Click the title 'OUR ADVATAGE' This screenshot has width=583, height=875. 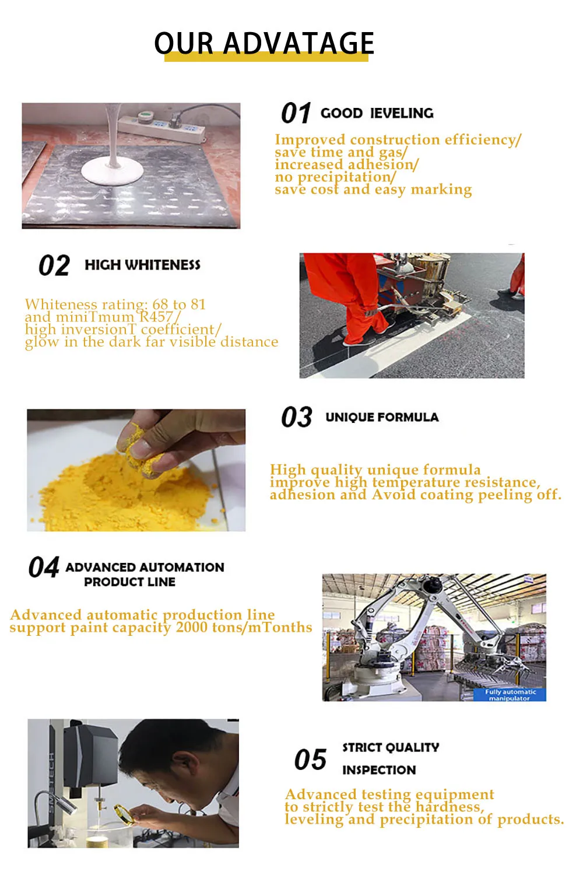(x=264, y=43)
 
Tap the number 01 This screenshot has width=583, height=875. (x=296, y=113)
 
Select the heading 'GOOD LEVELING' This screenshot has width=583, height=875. (x=377, y=113)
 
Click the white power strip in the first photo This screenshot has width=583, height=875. (x=161, y=127)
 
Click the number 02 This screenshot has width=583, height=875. (x=54, y=266)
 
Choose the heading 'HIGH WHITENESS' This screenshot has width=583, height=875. (x=142, y=265)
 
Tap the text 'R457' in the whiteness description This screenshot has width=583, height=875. (x=157, y=317)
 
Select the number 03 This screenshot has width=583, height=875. (x=296, y=417)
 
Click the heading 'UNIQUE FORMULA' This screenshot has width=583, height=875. (x=382, y=417)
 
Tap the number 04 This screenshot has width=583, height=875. (x=44, y=568)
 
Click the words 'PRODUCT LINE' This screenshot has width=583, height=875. (x=129, y=582)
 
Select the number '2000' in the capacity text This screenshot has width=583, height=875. (x=191, y=628)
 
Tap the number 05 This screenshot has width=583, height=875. (x=310, y=760)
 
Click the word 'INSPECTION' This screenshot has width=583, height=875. (x=379, y=770)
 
